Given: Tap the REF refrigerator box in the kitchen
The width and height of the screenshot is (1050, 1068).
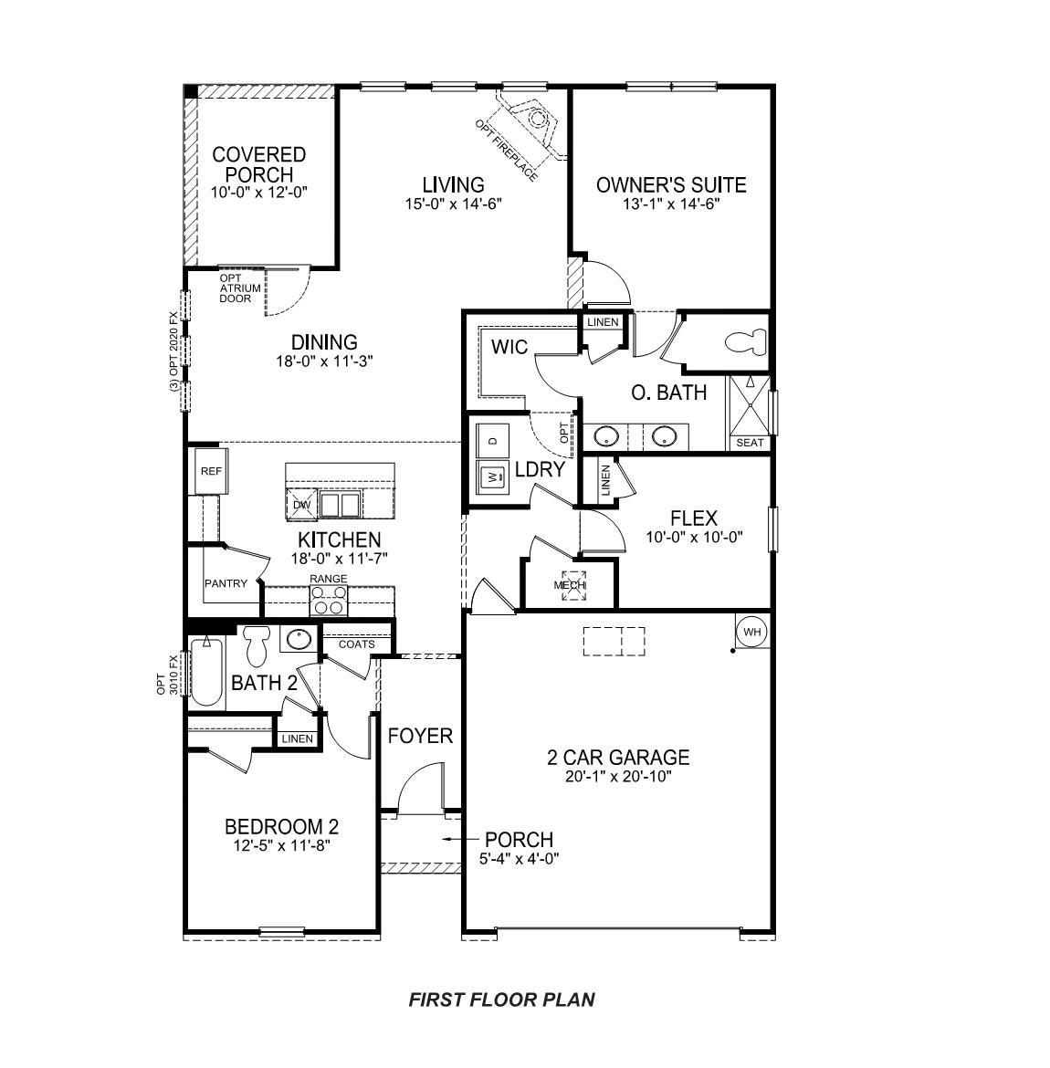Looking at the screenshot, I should pyautogui.click(x=211, y=472).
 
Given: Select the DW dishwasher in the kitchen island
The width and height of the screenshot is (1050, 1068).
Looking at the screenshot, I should pyautogui.click(x=301, y=504).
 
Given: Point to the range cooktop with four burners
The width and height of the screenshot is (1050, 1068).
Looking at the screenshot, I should pyautogui.click(x=329, y=600).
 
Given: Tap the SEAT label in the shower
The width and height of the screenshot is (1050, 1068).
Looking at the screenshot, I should pyautogui.click(x=749, y=443).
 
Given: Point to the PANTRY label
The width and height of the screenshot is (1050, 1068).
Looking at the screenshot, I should pyautogui.click(x=226, y=583).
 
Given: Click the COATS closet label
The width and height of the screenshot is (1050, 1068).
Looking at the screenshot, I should pyautogui.click(x=356, y=644).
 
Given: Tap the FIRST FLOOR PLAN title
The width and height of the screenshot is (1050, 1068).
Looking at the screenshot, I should pyautogui.click(x=501, y=1000).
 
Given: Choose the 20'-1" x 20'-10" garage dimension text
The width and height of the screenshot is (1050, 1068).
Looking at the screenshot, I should pyautogui.click(x=617, y=778).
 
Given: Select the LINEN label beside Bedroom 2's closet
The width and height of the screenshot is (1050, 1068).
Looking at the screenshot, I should pyautogui.click(x=298, y=738).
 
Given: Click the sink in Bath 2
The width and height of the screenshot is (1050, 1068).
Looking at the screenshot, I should pyautogui.click(x=298, y=640).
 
